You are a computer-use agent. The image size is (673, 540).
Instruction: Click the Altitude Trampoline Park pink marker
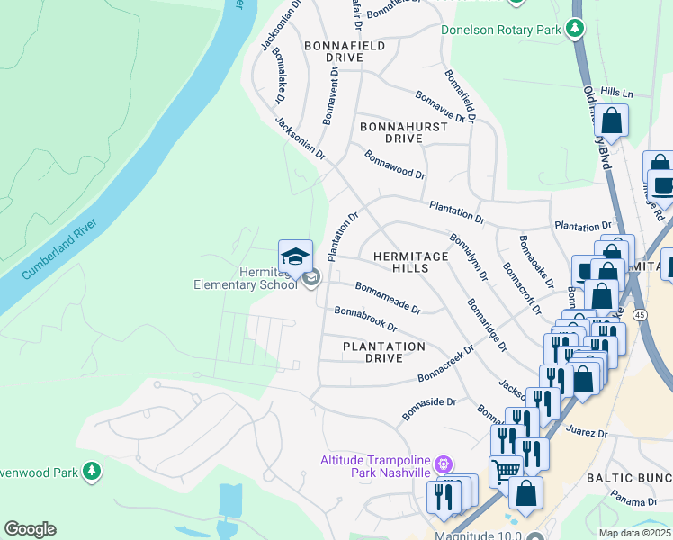[x=443, y=465]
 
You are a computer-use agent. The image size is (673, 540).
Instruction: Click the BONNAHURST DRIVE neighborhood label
[x=403, y=132]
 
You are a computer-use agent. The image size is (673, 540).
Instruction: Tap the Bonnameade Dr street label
[x=388, y=298]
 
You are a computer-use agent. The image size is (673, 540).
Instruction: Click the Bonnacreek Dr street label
[x=445, y=364]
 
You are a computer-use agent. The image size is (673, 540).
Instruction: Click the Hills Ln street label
[x=617, y=94]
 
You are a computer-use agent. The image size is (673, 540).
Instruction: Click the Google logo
[x=30, y=529]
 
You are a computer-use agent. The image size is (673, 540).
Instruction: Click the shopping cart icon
[x=505, y=470]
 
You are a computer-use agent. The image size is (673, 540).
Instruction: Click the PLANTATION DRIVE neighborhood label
[x=384, y=352]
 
